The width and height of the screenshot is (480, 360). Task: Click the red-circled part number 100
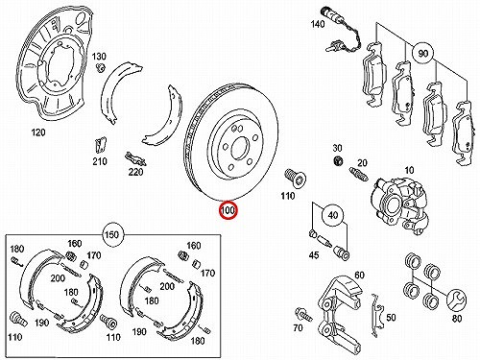click(228, 210)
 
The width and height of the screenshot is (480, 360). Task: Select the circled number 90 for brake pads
click(423, 54)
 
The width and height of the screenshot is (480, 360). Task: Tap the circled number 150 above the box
click(111, 235)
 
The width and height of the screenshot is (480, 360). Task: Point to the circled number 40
click(333, 215)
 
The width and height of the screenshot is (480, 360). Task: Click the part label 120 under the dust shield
click(38, 132)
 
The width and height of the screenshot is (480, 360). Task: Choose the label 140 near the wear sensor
click(318, 24)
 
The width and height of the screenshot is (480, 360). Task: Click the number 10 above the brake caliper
click(409, 170)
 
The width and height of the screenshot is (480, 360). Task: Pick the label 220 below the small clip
click(135, 172)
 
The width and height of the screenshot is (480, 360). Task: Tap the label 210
click(100, 161)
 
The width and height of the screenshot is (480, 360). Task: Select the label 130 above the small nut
click(99, 57)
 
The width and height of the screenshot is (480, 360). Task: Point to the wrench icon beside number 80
click(457, 300)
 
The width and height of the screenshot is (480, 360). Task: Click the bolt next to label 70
click(303, 314)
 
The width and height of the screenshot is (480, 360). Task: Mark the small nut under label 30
click(338, 160)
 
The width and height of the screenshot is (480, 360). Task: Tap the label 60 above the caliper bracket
click(360, 275)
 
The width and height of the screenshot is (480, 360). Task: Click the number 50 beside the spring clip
click(391, 317)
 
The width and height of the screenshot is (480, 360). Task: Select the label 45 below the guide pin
click(314, 255)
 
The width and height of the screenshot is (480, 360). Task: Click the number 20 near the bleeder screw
click(362, 163)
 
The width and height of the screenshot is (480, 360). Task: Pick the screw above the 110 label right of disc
click(295, 178)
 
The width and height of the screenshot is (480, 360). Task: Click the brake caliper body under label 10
click(400, 204)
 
